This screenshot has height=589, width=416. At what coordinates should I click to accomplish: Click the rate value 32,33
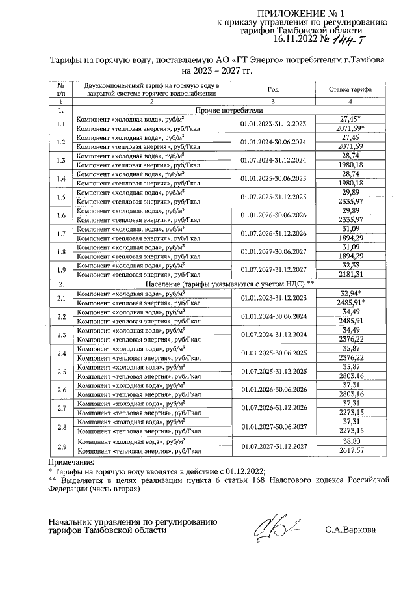click(x=350, y=265)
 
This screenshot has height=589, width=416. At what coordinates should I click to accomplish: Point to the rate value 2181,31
click(x=350, y=274)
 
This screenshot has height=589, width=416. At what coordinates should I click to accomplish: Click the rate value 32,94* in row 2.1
click(x=352, y=294)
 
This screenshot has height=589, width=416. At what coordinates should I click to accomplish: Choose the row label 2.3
click(x=61, y=335)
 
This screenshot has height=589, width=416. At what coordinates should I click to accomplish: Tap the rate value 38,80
click(x=350, y=441)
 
